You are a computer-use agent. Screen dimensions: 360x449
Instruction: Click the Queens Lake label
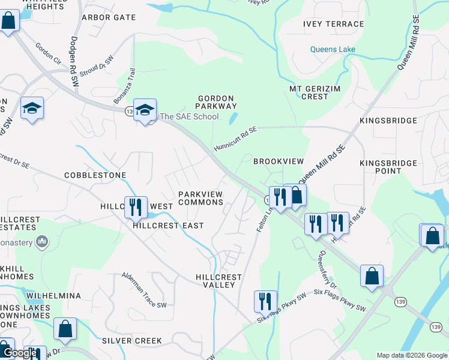[x=333, y=49]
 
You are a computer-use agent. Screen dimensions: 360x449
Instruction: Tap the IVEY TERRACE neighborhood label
[x=333, y=24]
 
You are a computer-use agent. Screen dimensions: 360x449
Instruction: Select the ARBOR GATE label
[x=109, y=17]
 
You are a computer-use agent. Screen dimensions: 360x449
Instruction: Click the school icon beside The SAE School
[x=144, y=110]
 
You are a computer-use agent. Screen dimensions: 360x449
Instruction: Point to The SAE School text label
[x=188, y=116]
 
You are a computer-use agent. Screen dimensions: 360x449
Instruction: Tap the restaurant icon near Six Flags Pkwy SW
[x=265, y=301]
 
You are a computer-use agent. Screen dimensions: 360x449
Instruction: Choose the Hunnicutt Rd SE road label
[x=235, y=139]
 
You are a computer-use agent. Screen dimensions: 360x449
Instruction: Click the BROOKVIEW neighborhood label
[x=279, y=161]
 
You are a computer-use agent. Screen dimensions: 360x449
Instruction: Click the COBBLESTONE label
[x=95, y=175]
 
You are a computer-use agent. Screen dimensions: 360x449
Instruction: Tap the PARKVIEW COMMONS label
[x=200, y=198]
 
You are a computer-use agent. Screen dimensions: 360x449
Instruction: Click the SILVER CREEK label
[x=131, y=341]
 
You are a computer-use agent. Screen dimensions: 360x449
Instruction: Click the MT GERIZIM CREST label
[x=309, y=92]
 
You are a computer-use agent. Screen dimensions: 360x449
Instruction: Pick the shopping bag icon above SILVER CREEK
[x=65, y=329]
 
